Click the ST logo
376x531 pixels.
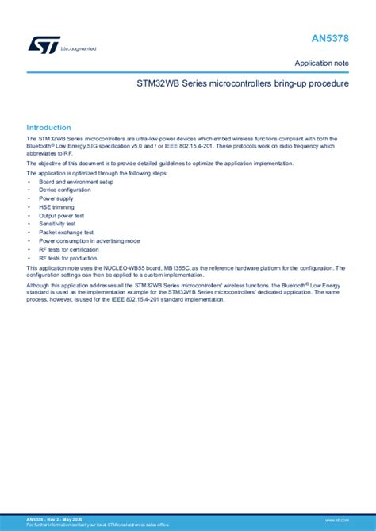click(44, 45)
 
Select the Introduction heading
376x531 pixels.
click(48, 127)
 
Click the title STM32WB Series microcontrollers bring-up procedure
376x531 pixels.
click(243, 83)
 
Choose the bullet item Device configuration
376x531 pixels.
click(65, 190)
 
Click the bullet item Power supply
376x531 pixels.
click(56, 198)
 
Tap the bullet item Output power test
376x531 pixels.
click(63, 215)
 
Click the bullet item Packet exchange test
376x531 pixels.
click(67, 233)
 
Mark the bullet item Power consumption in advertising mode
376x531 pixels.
click(90, 240)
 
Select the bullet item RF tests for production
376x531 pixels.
click(69, 258)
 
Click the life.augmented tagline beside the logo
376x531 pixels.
click(79, 48)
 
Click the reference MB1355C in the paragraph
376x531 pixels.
click(204, 268)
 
